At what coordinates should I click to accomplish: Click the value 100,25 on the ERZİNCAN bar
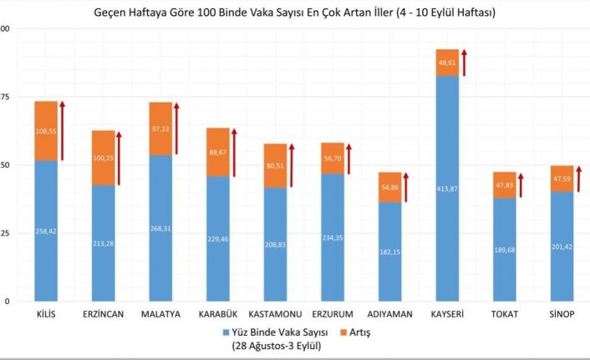(104, 159)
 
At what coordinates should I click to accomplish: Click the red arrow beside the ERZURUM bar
(348, 159)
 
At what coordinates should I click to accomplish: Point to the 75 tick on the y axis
(5, 97)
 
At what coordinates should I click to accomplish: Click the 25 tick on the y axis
(5, 233)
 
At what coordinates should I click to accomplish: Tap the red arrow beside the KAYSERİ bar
(464, 62)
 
